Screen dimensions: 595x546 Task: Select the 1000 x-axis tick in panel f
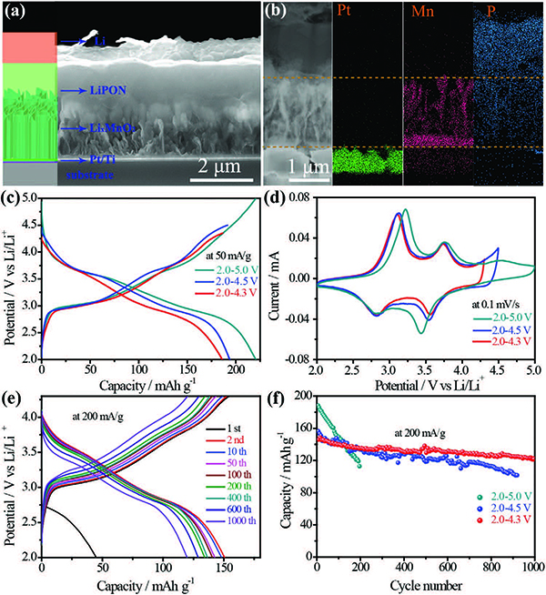(x=532, y=569)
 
